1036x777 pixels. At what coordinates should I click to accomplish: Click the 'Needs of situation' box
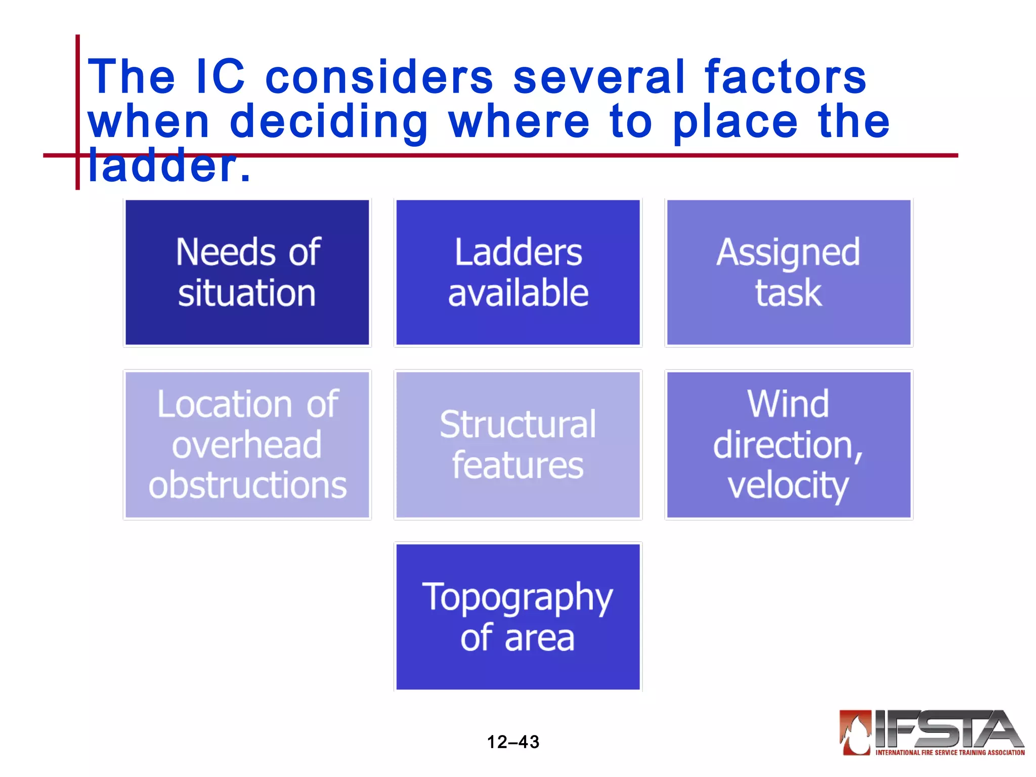click(x=247, y=273)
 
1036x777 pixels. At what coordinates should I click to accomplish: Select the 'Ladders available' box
click(x=517, y=273)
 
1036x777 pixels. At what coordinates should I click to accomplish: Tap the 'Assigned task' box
click(x=788, y=273)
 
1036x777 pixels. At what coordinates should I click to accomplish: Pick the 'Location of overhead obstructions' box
click(x=247, y=445)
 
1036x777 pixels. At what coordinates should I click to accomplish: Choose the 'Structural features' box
click(x=517, y=445)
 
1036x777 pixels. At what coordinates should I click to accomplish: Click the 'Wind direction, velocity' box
click(x=788, y=445)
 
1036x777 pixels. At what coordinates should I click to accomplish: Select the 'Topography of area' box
click(x=517, y=617)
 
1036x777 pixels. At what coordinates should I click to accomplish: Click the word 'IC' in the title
click(x=220, y=77)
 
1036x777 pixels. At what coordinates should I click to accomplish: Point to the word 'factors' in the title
click(x=785, y=77)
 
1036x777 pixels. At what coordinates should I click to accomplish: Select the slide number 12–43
click(x=513, y=742)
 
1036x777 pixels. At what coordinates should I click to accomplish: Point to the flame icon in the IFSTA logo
click(x=855, y=732)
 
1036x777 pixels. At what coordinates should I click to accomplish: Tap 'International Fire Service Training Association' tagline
click(x=949, y=753)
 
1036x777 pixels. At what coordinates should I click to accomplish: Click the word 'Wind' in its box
click(x=788, y=404)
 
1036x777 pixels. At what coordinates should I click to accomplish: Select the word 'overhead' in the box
click(x=247, y=445)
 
